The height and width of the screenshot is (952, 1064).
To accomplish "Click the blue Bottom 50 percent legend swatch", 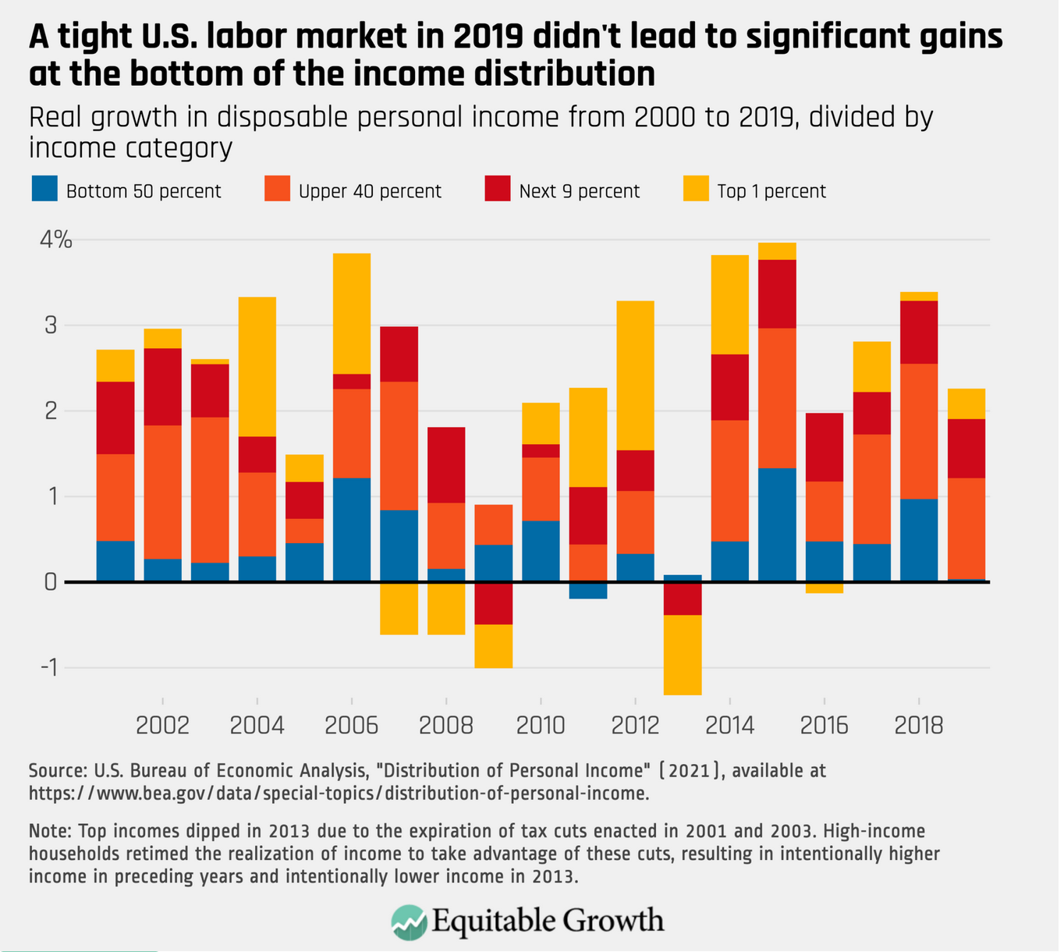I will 44,190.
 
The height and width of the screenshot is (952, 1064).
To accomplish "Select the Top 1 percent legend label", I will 771,192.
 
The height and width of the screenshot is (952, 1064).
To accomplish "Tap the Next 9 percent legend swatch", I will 498,190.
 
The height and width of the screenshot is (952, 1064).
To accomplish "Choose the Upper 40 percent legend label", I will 370,192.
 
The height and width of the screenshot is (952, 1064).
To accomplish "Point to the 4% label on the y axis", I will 56,240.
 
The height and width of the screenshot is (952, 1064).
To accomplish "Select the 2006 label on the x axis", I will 352,726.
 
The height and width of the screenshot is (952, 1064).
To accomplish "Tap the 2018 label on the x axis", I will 919,726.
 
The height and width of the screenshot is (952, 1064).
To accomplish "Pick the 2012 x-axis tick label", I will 636,726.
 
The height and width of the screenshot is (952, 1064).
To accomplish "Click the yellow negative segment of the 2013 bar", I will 683,655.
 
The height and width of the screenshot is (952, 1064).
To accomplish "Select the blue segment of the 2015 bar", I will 777,524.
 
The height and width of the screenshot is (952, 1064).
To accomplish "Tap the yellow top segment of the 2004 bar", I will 257,367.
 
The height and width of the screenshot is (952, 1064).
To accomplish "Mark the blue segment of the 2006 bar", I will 352,529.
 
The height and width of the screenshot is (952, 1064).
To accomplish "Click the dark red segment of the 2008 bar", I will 446,465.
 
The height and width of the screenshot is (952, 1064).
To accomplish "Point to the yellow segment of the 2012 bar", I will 636,375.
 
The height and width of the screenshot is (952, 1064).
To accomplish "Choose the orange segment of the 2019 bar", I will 966,528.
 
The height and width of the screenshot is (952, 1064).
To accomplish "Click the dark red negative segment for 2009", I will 494,603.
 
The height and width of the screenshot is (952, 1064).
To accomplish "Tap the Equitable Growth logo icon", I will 409,922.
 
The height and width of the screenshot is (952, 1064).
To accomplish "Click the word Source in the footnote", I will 56,771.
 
